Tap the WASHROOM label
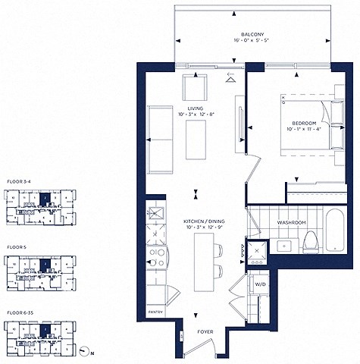click(291, 223)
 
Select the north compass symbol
click(83, 352)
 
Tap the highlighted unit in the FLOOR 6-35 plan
click(45, 331)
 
